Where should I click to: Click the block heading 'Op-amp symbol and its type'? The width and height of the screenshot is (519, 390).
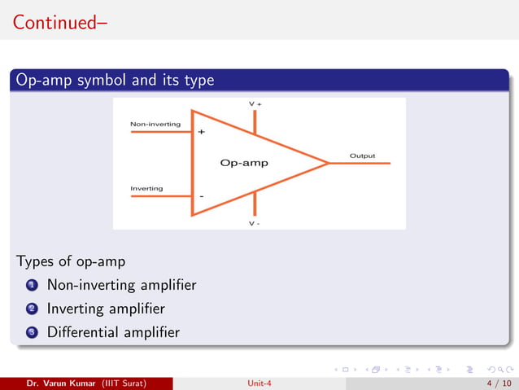[115, 80]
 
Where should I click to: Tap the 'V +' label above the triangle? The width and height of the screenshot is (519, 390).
[255, 104]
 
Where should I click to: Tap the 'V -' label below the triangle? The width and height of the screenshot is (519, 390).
[255, 223]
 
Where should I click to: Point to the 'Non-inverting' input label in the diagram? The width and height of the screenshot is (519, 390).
[155, 124]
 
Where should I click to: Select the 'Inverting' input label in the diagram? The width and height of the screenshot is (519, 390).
[146, 188]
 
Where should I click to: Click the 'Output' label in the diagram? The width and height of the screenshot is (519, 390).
[362, 155]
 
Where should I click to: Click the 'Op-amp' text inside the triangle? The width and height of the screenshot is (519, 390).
[244, 163]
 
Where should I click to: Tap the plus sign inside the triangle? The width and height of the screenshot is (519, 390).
[201, 131]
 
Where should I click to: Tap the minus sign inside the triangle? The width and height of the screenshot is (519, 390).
[201, 196]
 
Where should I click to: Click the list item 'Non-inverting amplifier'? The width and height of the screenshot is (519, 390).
[121, 286]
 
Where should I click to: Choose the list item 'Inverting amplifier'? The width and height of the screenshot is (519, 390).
[106, 309]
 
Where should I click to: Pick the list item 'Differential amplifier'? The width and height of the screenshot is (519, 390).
[113, 332]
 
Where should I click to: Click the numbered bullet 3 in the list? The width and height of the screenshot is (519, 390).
[31, 332]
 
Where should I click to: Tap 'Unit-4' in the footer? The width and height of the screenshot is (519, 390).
[259, 382]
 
